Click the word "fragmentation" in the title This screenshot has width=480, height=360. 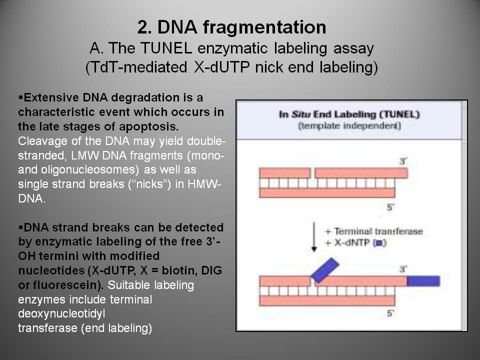pyautogui.click(x=264, y=27)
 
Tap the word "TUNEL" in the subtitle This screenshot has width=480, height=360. pyautogui.click(x=166, y=48)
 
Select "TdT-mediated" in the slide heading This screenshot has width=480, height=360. pyautogui.click(x=136, y=67)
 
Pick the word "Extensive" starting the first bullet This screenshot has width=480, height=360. pyautogui.click(x=51, y=97)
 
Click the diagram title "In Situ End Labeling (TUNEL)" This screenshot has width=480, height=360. pyautogui.click(x=349, y=114)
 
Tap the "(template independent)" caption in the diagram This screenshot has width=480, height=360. pyautogui.click(x=349, y=126)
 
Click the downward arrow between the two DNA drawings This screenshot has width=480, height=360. pyautogui.click(x=314, y=237)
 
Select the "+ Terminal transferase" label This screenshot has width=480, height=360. pyautogui.click(x=374, y=231)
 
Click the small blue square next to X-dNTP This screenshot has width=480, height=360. pyautogui.click(x=379, y=243)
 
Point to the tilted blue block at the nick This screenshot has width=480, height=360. pyautogui.click(x=325, y=270)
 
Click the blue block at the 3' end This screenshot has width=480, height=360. pyautogui.click(x=423, y=281)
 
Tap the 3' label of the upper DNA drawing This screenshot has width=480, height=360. pyautogui.click(x=403, y=161)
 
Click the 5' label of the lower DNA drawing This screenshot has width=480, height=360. pyautogui.click(x=390, y=313)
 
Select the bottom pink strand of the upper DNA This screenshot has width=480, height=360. pyautogui.click(x=327, y=193)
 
